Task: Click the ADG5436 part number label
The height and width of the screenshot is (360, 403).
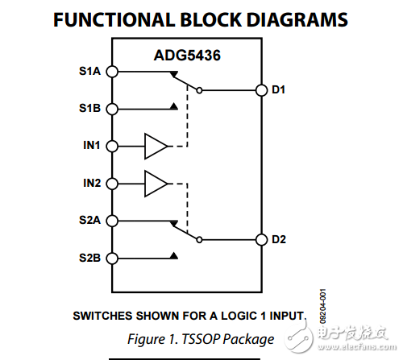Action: (189, 57)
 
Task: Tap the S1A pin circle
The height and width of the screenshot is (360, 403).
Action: (113, 72)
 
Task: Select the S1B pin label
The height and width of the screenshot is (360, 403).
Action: (91, 108)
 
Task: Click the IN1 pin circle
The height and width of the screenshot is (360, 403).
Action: (113, 146)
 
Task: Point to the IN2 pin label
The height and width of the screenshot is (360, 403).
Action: (91, 184)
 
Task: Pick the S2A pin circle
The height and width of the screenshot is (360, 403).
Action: (113, 220)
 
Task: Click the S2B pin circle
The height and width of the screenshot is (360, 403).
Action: (113, 258)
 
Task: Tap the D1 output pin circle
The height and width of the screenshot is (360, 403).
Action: (260, 90)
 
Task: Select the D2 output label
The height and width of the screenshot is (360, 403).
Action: (279, 239)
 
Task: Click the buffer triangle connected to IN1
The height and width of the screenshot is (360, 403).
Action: (155, 146)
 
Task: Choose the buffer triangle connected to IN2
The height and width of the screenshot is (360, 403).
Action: (155, 184)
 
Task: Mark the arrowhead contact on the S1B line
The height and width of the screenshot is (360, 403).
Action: (173, 106)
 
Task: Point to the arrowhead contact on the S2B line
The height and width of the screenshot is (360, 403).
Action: (173, 256)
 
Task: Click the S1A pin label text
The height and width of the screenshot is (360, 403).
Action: (91, 71)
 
